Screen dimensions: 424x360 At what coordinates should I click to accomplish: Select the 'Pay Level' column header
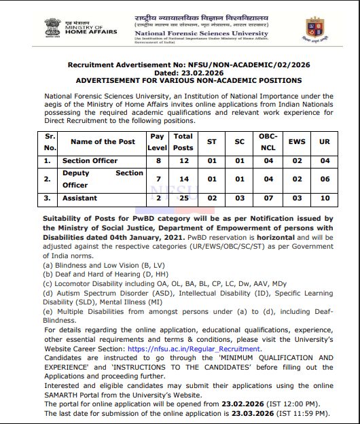click(x=158, y=142)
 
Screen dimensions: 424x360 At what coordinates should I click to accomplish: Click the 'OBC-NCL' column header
click(x=268, y=142)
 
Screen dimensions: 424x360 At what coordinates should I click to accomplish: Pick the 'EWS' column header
click(x=297, y=142)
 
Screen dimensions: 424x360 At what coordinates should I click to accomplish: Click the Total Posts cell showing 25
click(x=183, y=198)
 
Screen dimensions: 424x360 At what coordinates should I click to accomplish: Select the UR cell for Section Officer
click(x=325, y=161)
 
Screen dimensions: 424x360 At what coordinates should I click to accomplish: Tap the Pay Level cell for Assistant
click(x=158, y=198)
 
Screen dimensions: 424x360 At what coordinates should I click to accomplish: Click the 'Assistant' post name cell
click(x=79, y=198)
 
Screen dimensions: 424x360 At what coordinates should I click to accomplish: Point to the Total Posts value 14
click(x=183, y=179)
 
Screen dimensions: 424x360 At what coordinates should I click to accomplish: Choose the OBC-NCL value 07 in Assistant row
click(x=268, y=198)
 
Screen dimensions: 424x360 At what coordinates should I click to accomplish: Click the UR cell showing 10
click(x=325, y=198)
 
